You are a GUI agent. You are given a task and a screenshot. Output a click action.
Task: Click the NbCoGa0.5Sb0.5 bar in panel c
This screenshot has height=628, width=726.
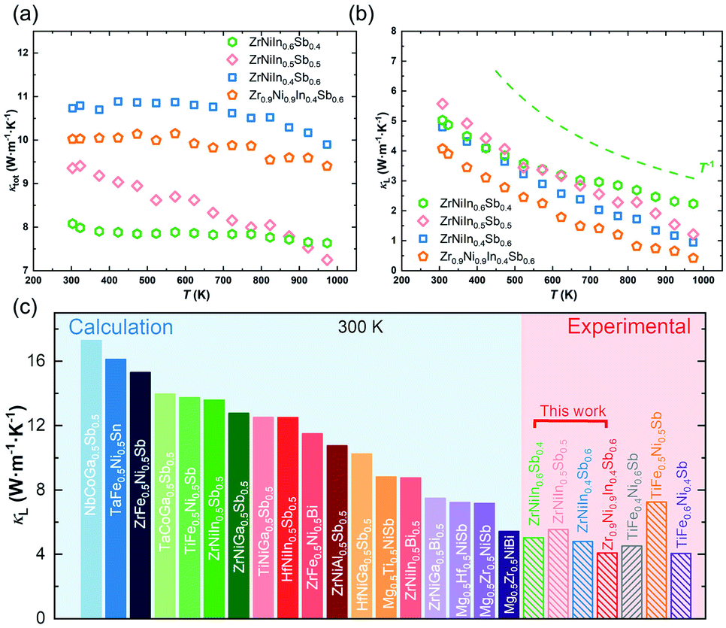click(x=91, y=481)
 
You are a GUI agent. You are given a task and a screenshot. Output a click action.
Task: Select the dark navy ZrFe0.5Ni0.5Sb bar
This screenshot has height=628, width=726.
click(x=141, y=496)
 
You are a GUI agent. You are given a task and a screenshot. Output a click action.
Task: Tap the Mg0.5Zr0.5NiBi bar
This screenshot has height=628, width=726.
click(x=509, y=575)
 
